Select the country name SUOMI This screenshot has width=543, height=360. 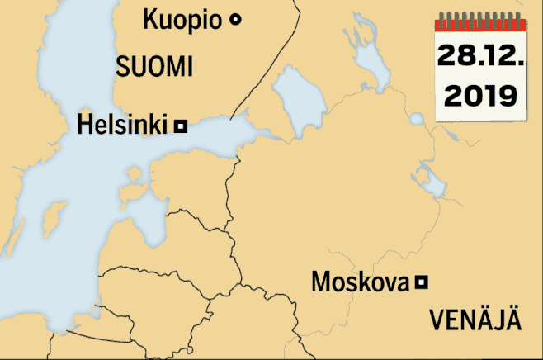point(154,67)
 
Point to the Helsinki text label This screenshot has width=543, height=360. point(123,126)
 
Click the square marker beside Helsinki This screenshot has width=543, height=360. point(181,126)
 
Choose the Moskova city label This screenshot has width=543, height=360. point(360,282)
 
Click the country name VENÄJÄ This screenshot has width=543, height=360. point(476,320)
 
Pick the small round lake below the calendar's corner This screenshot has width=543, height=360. point(416,120)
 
